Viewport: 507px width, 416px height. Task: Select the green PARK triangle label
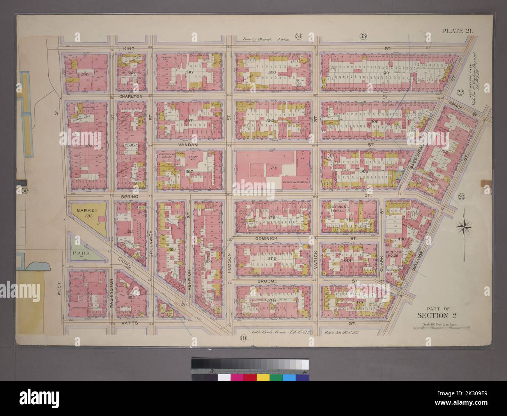tap(80, 253)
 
